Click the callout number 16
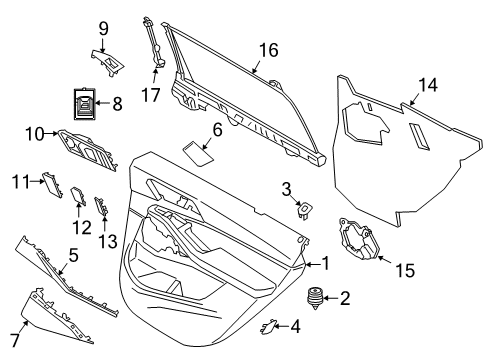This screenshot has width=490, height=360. [x=269, y=50]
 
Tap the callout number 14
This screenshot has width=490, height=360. [x=428, y=85]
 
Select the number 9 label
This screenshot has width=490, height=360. [x=104, y=29]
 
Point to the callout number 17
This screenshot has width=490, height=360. [x=151, y=95]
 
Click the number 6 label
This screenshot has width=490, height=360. [x=217, y=129]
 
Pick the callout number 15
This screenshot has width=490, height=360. [x=405, y=270]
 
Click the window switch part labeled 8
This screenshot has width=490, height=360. [x=84, y=104]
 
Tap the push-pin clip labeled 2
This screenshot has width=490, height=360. [x=315, y=298]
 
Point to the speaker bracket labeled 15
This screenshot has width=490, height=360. [x=359, y=240]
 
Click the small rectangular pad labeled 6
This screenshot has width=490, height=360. [x=199, y=154]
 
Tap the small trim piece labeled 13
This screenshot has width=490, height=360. [x=101, y=206]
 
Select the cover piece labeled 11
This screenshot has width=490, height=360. [x=52, y=185]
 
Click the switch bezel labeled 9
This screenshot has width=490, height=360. [x=108, y=62]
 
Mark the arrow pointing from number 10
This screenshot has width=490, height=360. [x=51, y=134]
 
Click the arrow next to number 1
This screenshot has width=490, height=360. [x=313, y=265]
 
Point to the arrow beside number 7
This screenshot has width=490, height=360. [x=23, y=327]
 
